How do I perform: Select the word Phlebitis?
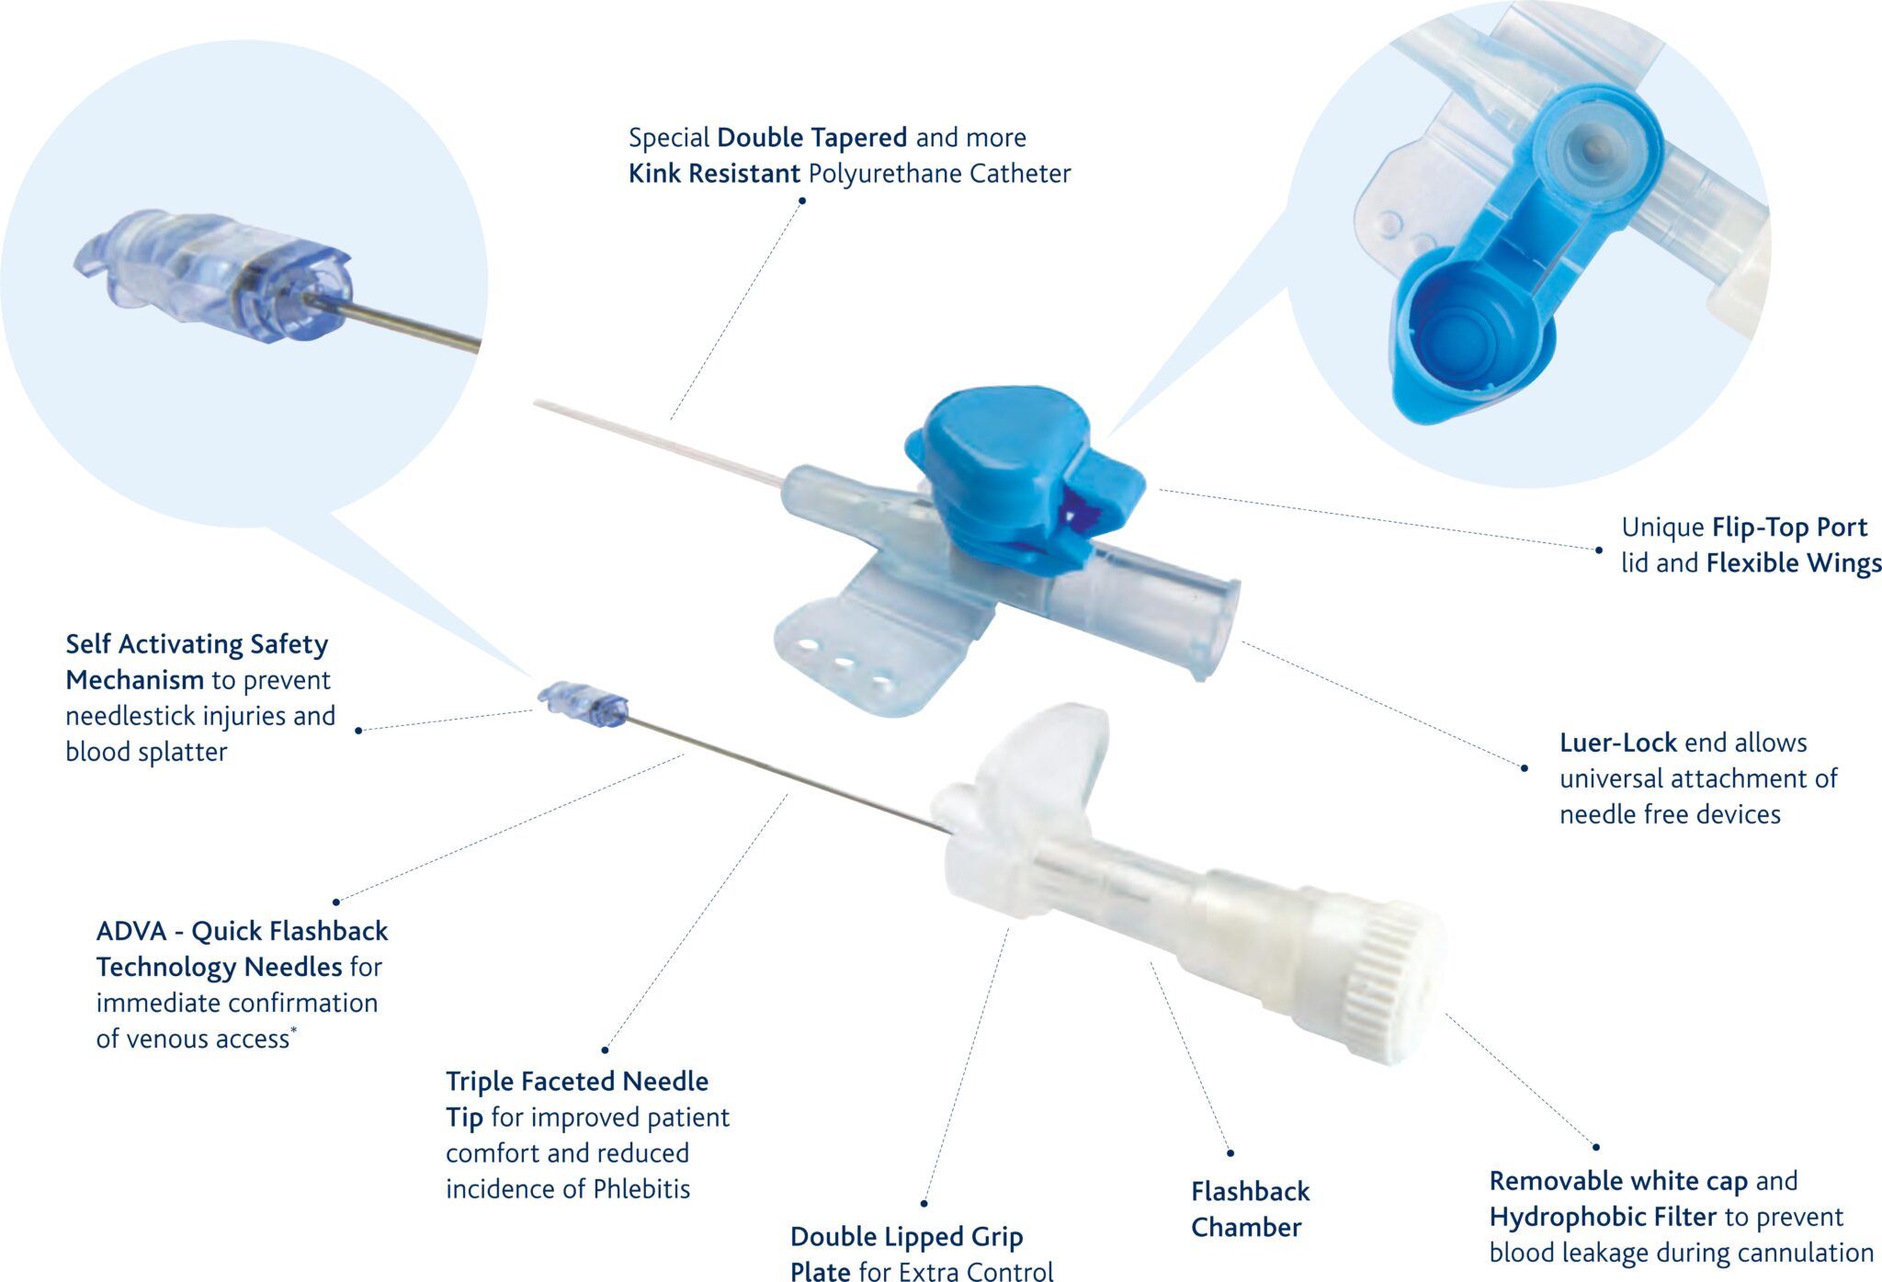tap(641, 1189)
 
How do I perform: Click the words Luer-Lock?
tap(1616, 743)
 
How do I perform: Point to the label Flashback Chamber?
tap(1249, 1209)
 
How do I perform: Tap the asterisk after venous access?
tap(294, 1031)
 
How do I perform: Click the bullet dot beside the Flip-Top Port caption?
tap(1599, 550)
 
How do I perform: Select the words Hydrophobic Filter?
tap(1602, 1217)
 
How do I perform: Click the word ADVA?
tap(131, 932)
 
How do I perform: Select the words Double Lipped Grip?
tap(906, 1237)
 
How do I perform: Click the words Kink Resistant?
tap(714, 174)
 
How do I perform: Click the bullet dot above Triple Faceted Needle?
tap(605, 1049)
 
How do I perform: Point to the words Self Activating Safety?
tap(197, 644)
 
